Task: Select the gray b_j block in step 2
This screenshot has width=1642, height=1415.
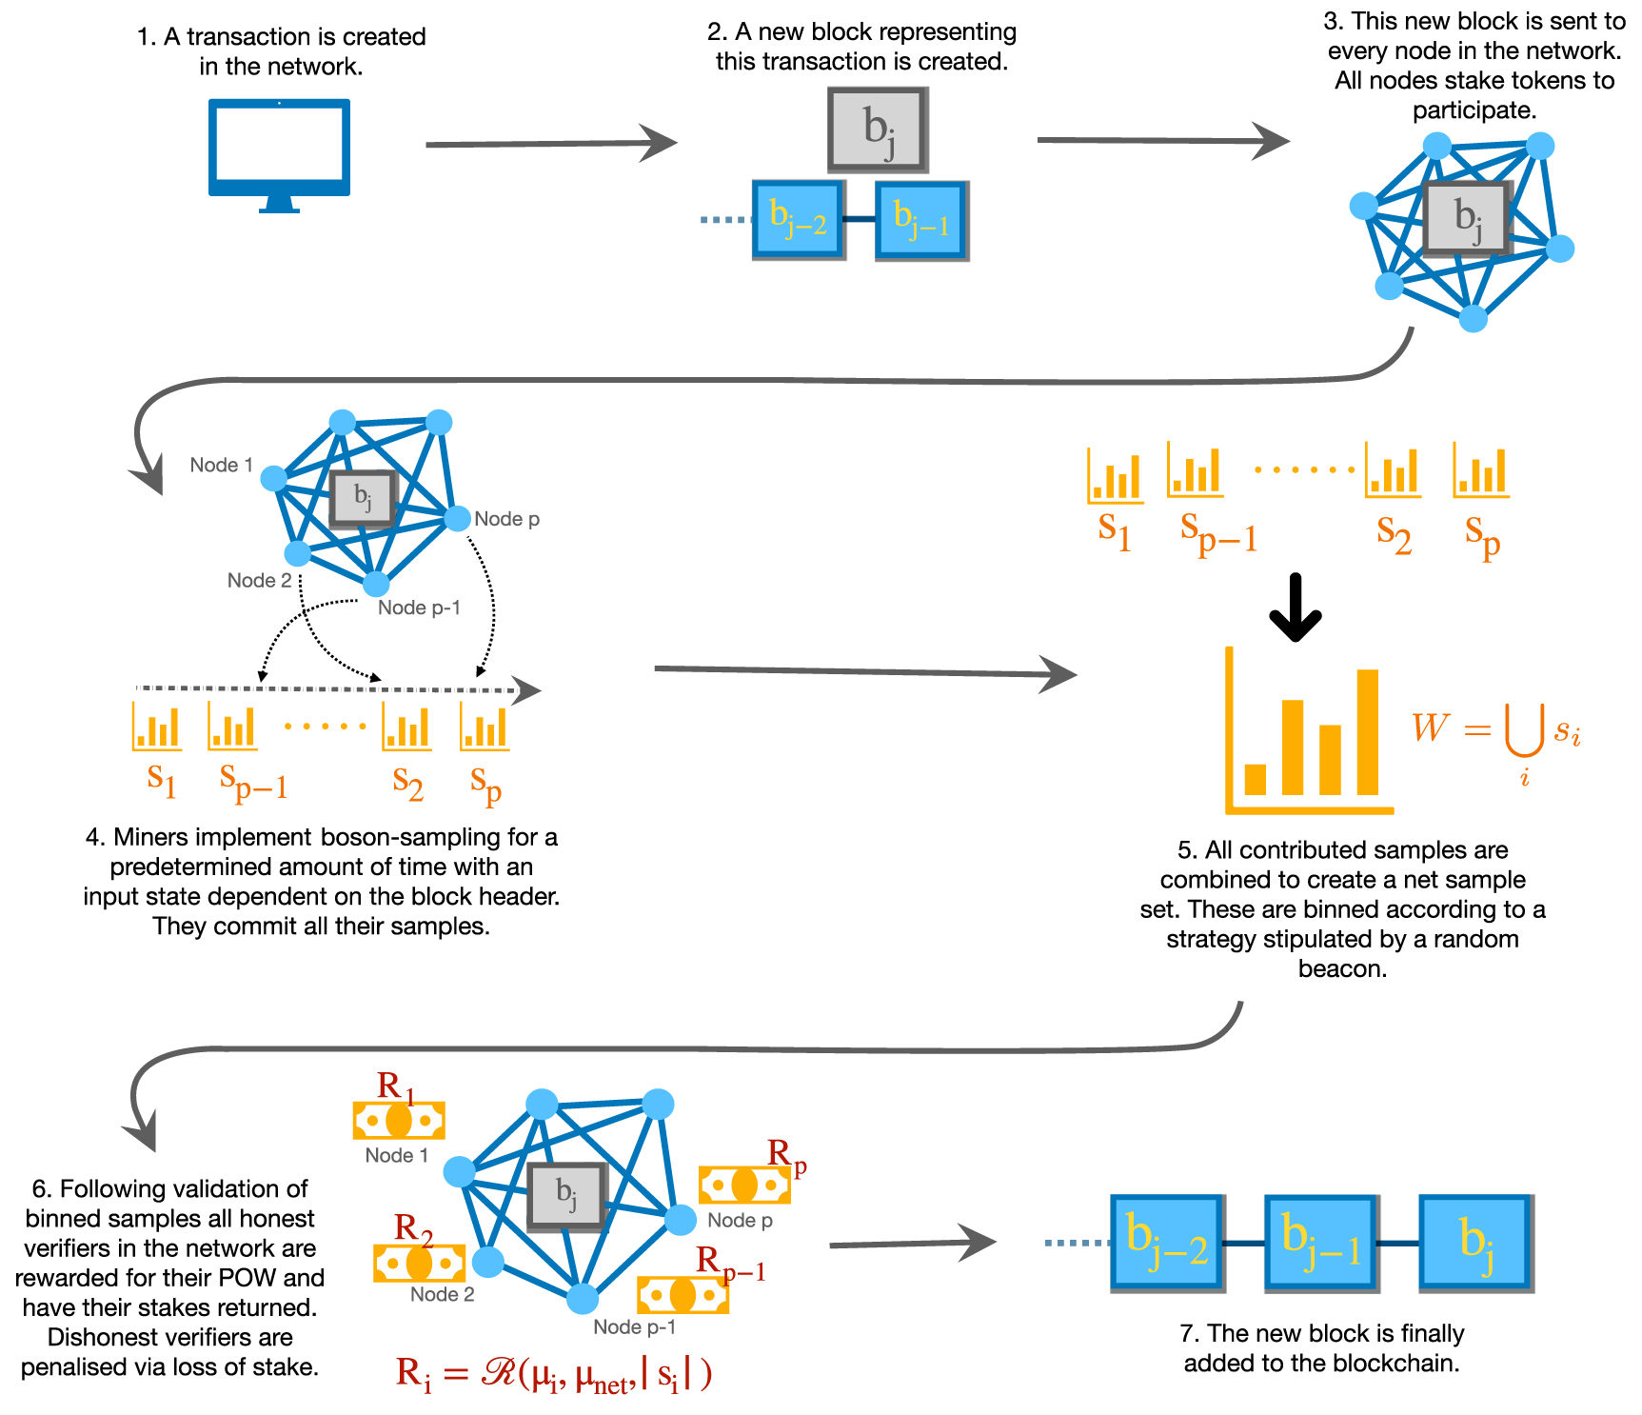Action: click(x=878, y=130)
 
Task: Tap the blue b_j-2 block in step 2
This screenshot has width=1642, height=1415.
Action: click(x=799, y=220)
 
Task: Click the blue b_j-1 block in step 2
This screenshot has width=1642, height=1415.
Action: click(x=921, y=221)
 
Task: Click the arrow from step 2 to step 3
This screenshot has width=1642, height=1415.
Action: click(x=1162, y=141)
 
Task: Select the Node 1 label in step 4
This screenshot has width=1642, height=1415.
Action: click(x=221, y=465)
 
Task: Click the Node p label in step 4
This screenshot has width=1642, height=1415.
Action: click(x=506, y=519)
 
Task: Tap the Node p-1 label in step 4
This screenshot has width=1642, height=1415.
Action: click(x=419, y=608)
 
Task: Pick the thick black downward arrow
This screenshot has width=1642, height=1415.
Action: click(x=1296, y=608)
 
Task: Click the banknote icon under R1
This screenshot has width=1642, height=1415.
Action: click(x=399, y=1121)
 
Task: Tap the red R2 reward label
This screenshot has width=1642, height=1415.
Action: click(x=413, y=1228)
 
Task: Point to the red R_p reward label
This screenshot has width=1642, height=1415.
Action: click(x=786, y=1155)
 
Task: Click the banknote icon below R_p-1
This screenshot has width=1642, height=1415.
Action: click(x=683, y=1295)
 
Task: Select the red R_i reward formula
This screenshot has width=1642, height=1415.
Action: click(x=553, y=1374)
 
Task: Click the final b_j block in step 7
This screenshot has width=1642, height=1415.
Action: click(x=1474, y=1243)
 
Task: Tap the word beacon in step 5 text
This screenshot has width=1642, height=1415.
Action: click(x=1342, y=969)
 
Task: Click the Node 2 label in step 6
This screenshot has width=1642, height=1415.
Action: click(x=442, y=1294)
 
